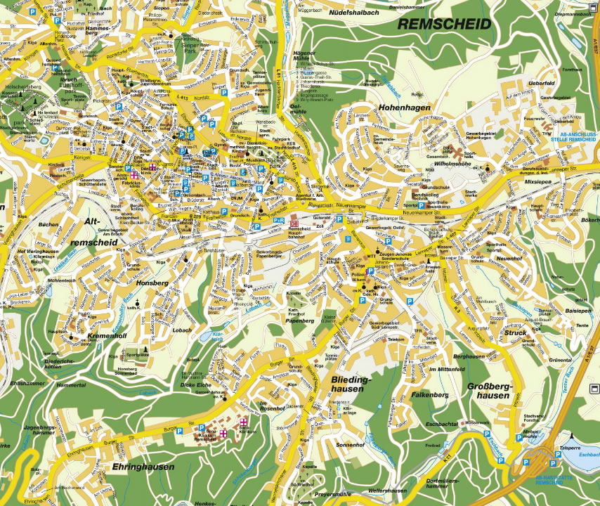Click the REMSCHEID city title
tap(444, 23)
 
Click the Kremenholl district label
tap(107, 337)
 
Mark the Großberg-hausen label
tap(488, 391)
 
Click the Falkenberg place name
tap(430, 395)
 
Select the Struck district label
tap(514, 333)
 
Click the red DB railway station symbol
tap(294, 223)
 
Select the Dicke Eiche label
tap(195, 385)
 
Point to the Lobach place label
tap(183, 329)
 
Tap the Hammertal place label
tap(72, 386)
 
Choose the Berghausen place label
tap(469, 356)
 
